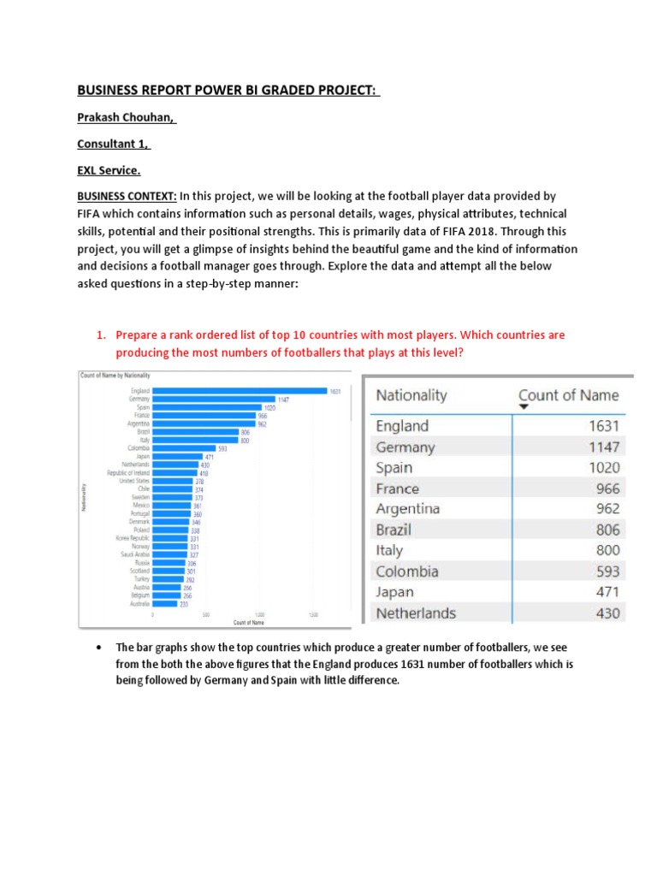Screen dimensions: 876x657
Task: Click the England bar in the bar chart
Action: point(240,391)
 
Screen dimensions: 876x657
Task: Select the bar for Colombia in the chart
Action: point(184,448)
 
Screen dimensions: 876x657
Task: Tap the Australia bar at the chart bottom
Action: point(165,604)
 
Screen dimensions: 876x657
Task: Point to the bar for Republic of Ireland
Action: point(174,472)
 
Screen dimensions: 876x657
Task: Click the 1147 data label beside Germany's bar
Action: point(284,400)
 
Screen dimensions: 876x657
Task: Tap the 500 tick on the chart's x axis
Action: point(206,614)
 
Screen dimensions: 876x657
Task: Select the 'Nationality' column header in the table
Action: point(411,395)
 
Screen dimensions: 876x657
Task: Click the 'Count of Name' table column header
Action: point(568,395)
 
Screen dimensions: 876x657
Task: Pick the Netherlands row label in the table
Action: point(416,613)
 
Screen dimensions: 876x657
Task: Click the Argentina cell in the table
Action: point(408,509)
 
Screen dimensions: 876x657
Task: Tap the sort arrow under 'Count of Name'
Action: point(524,408)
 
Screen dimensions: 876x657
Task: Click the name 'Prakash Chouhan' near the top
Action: point(127,117)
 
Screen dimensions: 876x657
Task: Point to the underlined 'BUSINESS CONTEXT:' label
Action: point(127,197)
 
